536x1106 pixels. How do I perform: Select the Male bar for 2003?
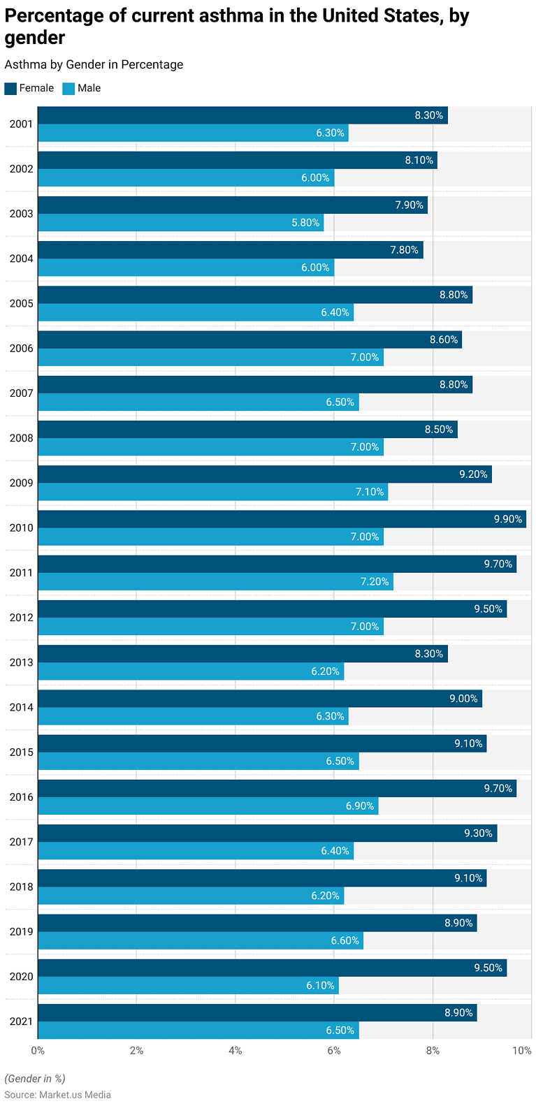[180, 223]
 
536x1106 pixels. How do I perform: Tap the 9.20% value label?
[473, 474]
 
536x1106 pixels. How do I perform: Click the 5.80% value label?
[305, 223]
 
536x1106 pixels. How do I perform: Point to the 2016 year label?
[21, 797]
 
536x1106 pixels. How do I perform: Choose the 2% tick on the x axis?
[136, 1050]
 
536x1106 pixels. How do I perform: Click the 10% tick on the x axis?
[521, 1050]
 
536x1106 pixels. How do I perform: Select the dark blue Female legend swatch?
[10, 88]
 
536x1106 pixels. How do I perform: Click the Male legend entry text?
[89, 88]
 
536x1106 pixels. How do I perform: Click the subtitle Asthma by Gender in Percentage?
[94, 64]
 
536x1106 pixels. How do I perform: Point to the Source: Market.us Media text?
[57, 1095]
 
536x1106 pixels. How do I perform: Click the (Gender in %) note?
[35, 1078]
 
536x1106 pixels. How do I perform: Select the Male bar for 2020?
[188, 985]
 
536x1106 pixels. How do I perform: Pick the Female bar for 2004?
[230, 250]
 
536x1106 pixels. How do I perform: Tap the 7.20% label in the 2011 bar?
[375, 581]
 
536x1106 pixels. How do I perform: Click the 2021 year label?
[21, 1021]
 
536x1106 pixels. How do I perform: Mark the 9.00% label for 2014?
[463, 699]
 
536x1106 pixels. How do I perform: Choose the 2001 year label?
[21, 124]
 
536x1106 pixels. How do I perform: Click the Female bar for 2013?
[242, 654]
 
